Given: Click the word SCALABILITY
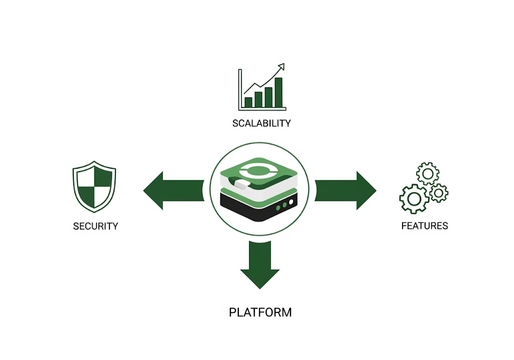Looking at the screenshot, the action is click(261, 124).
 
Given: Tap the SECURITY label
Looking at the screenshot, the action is click(95, 226).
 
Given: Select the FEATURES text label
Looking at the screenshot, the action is click(425, 226).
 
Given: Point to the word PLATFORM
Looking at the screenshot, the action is click(261, 312).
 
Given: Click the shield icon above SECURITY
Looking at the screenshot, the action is click(94, 187).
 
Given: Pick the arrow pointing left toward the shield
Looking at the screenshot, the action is click(174, 190).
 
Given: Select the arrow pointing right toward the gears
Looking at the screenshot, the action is click(345, 190).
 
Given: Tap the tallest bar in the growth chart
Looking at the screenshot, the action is click(278, 92).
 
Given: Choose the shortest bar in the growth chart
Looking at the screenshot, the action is click(248, 102).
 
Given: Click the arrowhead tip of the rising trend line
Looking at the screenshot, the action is click(284, 64).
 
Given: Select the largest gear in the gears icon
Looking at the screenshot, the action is click(414, 199).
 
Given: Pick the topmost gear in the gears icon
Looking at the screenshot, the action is click(428, 173).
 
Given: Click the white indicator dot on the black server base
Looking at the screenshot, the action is click(291, 202).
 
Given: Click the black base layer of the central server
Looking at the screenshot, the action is click(259, 206).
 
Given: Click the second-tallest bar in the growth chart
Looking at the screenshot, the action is click(269, 97).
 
